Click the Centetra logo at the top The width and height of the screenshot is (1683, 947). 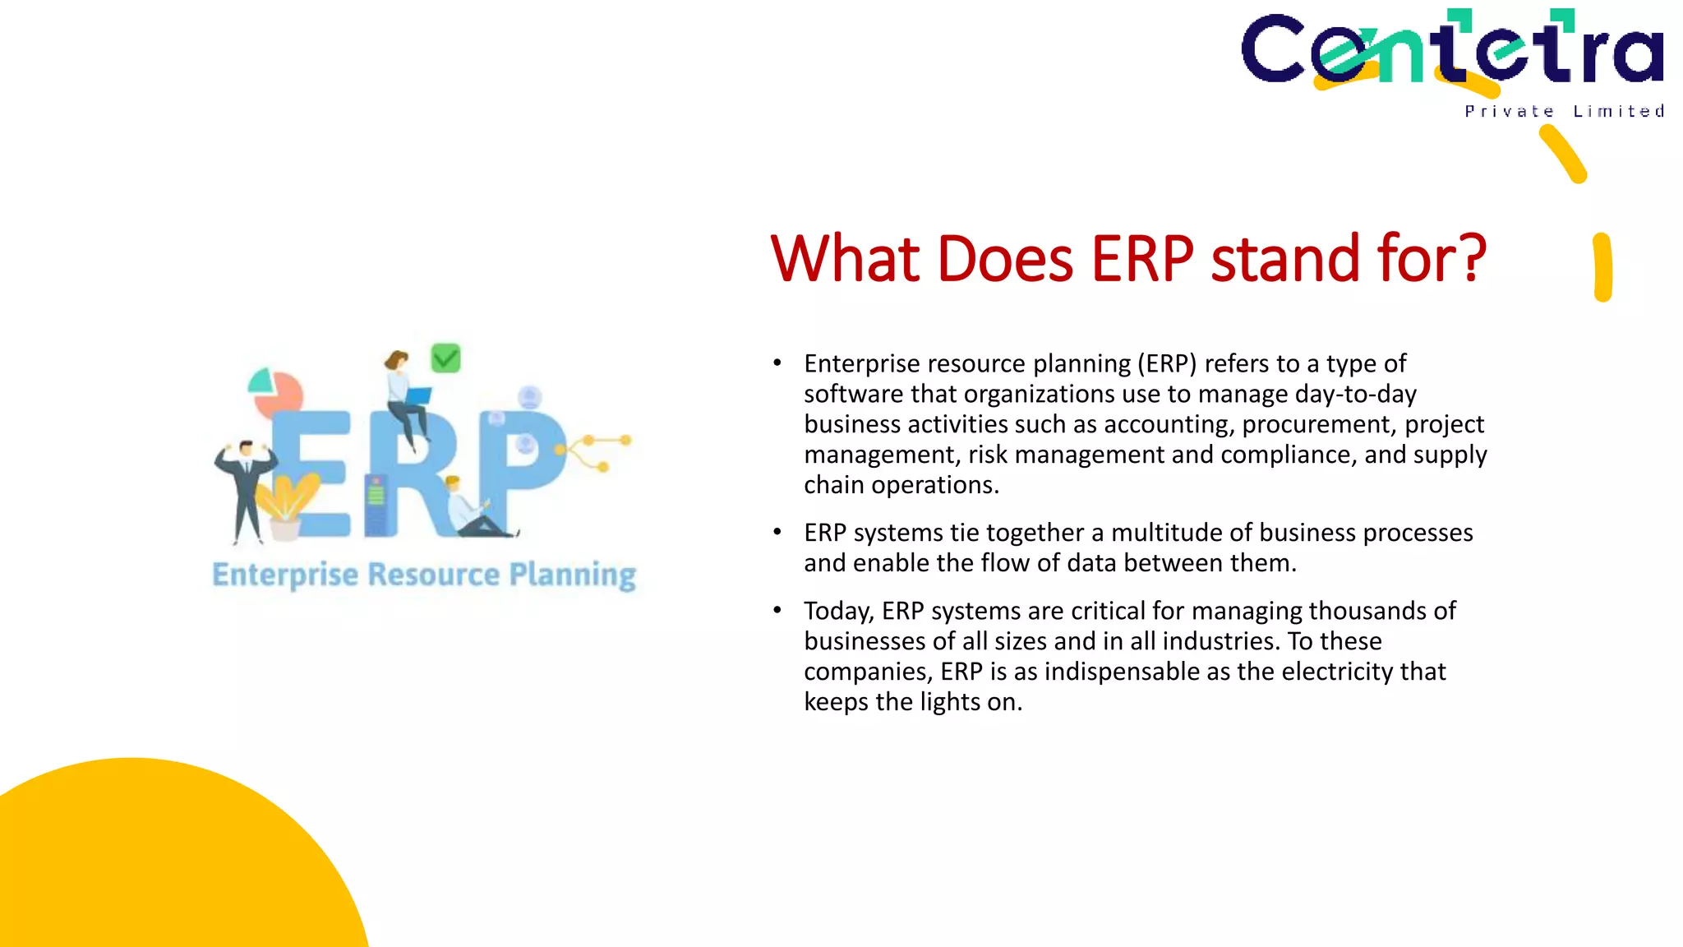tap(1451, 49)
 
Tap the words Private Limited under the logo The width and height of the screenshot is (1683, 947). tap(1564, 111)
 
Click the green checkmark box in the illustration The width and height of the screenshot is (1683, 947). tap(445, 358)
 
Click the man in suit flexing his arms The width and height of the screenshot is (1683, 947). tap(244, 489)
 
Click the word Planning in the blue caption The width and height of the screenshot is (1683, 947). tap(572, 575)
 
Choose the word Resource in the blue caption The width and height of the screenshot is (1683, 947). tap(433, 574)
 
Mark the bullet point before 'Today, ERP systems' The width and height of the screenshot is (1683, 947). tap(777, 610)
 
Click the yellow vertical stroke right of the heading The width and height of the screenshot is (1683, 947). tap(1602, 267)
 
